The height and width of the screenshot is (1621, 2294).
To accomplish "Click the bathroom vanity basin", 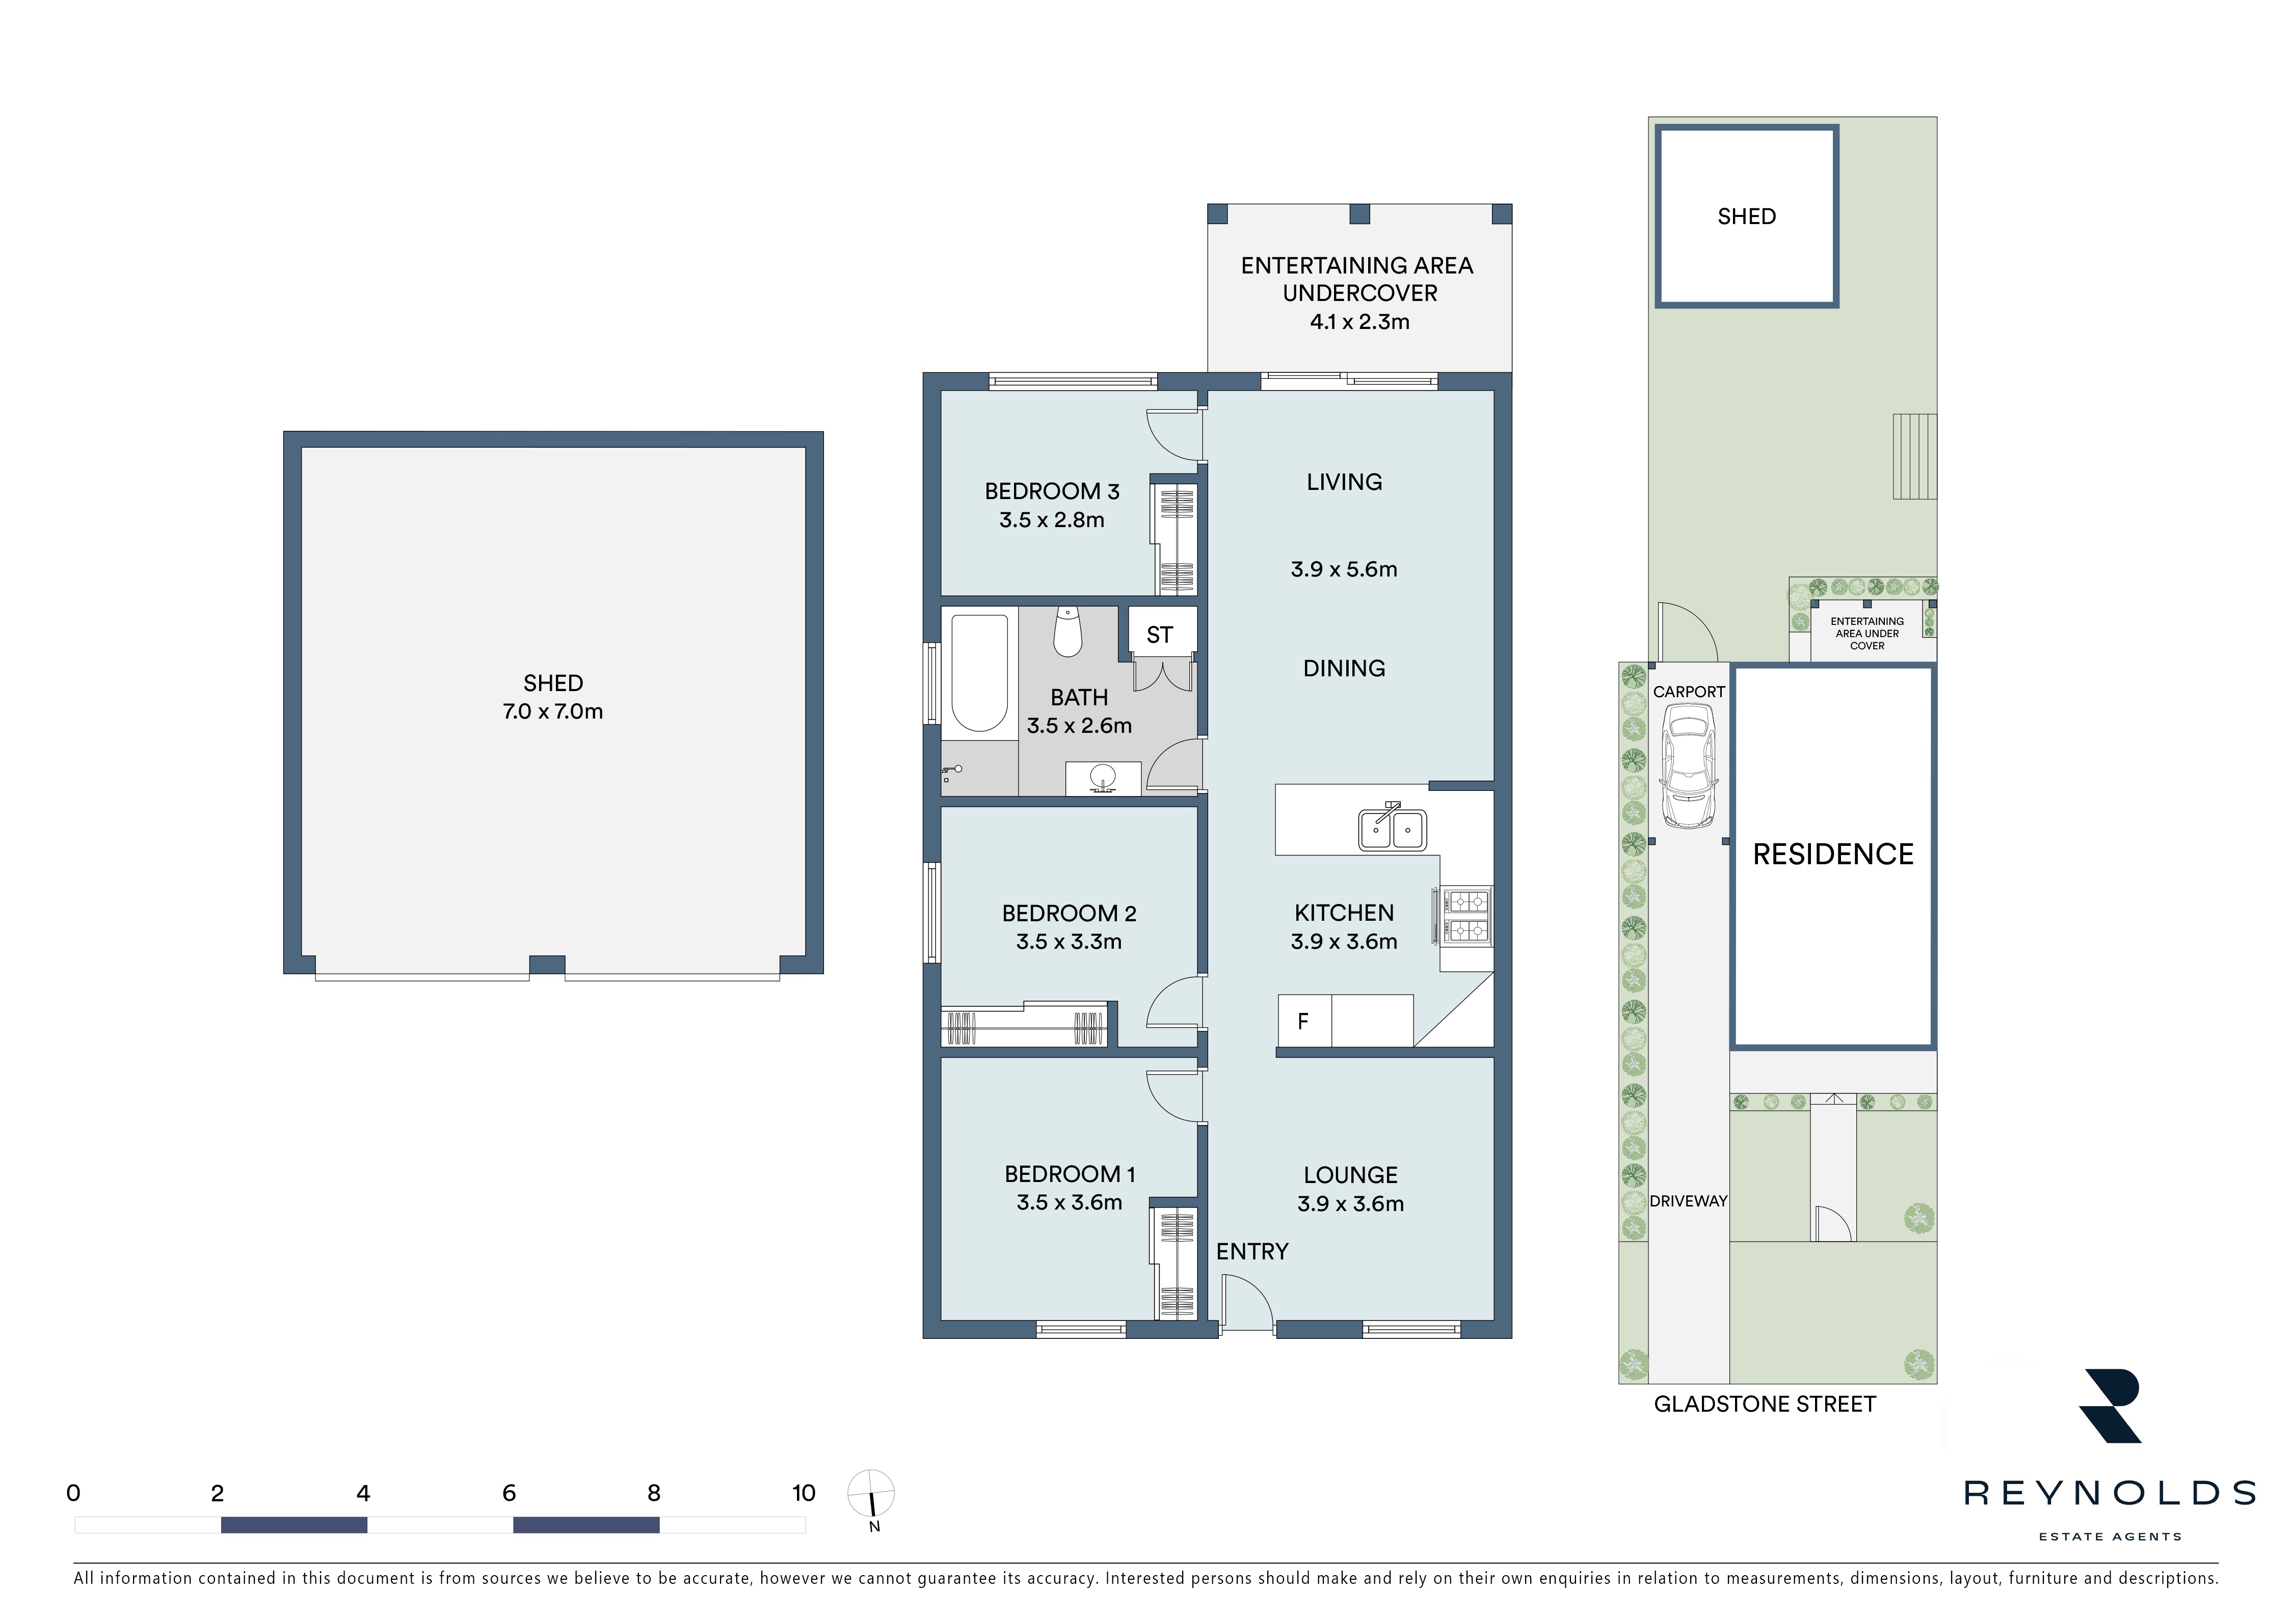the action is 1103,778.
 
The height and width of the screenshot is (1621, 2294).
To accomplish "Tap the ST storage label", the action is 1159,635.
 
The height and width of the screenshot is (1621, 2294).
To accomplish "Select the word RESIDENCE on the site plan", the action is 1833,855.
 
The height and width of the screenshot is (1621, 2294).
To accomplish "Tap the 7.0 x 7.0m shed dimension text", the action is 552,712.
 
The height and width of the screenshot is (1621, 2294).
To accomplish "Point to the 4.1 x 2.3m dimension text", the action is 1360,322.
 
